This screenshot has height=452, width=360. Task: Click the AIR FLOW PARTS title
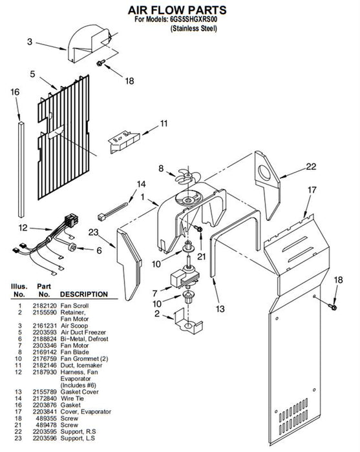point(177,10)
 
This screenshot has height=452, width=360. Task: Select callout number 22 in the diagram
point(311,167)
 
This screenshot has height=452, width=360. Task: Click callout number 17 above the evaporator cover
point(312,190)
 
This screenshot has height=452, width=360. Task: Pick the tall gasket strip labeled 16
point(21,169)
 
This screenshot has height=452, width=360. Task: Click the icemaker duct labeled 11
point(124,141)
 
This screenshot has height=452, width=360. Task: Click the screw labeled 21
point(198,229)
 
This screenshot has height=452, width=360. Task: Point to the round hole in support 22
point(264,173)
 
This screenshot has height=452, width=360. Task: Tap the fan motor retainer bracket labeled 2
point(188,320)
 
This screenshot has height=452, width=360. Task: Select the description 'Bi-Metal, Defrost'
point(84,339)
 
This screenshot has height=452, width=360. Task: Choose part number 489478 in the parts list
point(46,425)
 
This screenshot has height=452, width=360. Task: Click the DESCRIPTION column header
point(83,294)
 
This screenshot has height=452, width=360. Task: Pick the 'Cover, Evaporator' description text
point(86,412)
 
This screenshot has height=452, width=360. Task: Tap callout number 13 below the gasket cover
point(220,309)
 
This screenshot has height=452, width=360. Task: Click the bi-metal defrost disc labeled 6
point(72,247)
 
